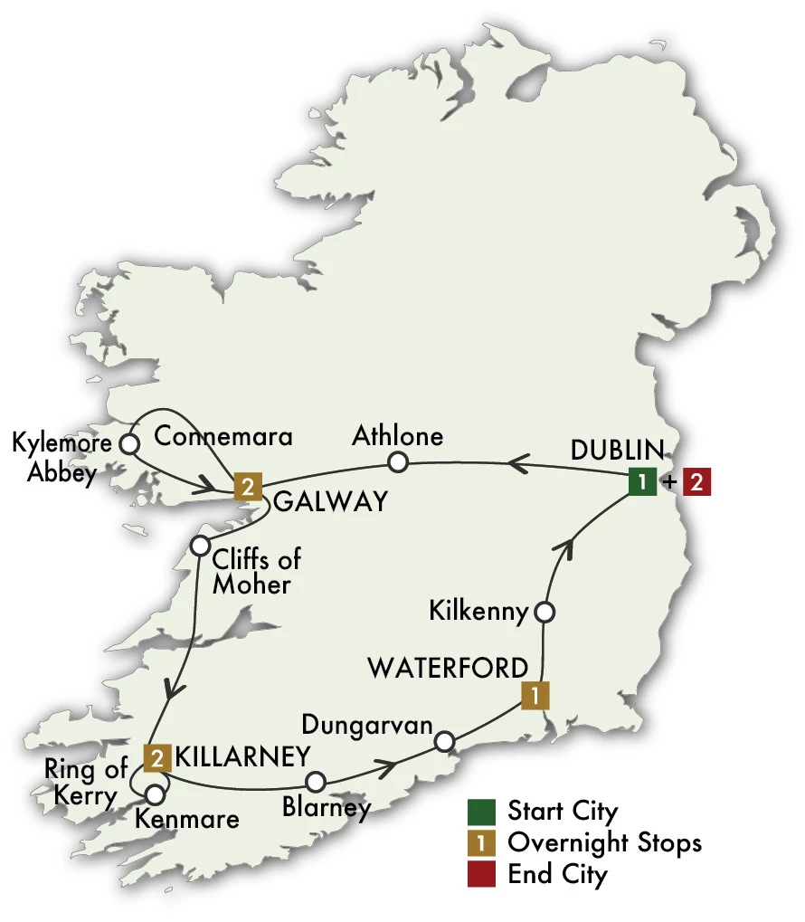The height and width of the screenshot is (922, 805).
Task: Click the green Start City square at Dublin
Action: (642, 482)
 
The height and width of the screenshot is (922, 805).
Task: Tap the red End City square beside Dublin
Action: (696, 482)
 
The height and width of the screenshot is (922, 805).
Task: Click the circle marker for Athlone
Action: (397, 463)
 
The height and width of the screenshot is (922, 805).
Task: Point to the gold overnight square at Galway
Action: (247, 487)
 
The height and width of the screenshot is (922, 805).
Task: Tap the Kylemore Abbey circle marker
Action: (129, 444)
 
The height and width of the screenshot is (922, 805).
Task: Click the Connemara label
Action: (224, 437)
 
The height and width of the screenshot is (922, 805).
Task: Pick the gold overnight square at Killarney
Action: (156, 756)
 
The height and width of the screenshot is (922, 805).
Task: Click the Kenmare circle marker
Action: (156, 794)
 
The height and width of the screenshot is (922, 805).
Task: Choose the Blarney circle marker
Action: (316, 781)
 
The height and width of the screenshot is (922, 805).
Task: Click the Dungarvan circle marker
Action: (443, 742)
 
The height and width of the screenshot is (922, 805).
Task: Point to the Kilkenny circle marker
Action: (545, 613)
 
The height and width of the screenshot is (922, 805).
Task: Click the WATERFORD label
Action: (447, 669)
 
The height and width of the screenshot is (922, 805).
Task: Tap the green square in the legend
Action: (480, 810)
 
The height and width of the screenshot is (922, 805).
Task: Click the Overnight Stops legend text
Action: (604, 842)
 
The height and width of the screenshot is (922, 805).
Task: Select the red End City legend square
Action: (480, 874)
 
